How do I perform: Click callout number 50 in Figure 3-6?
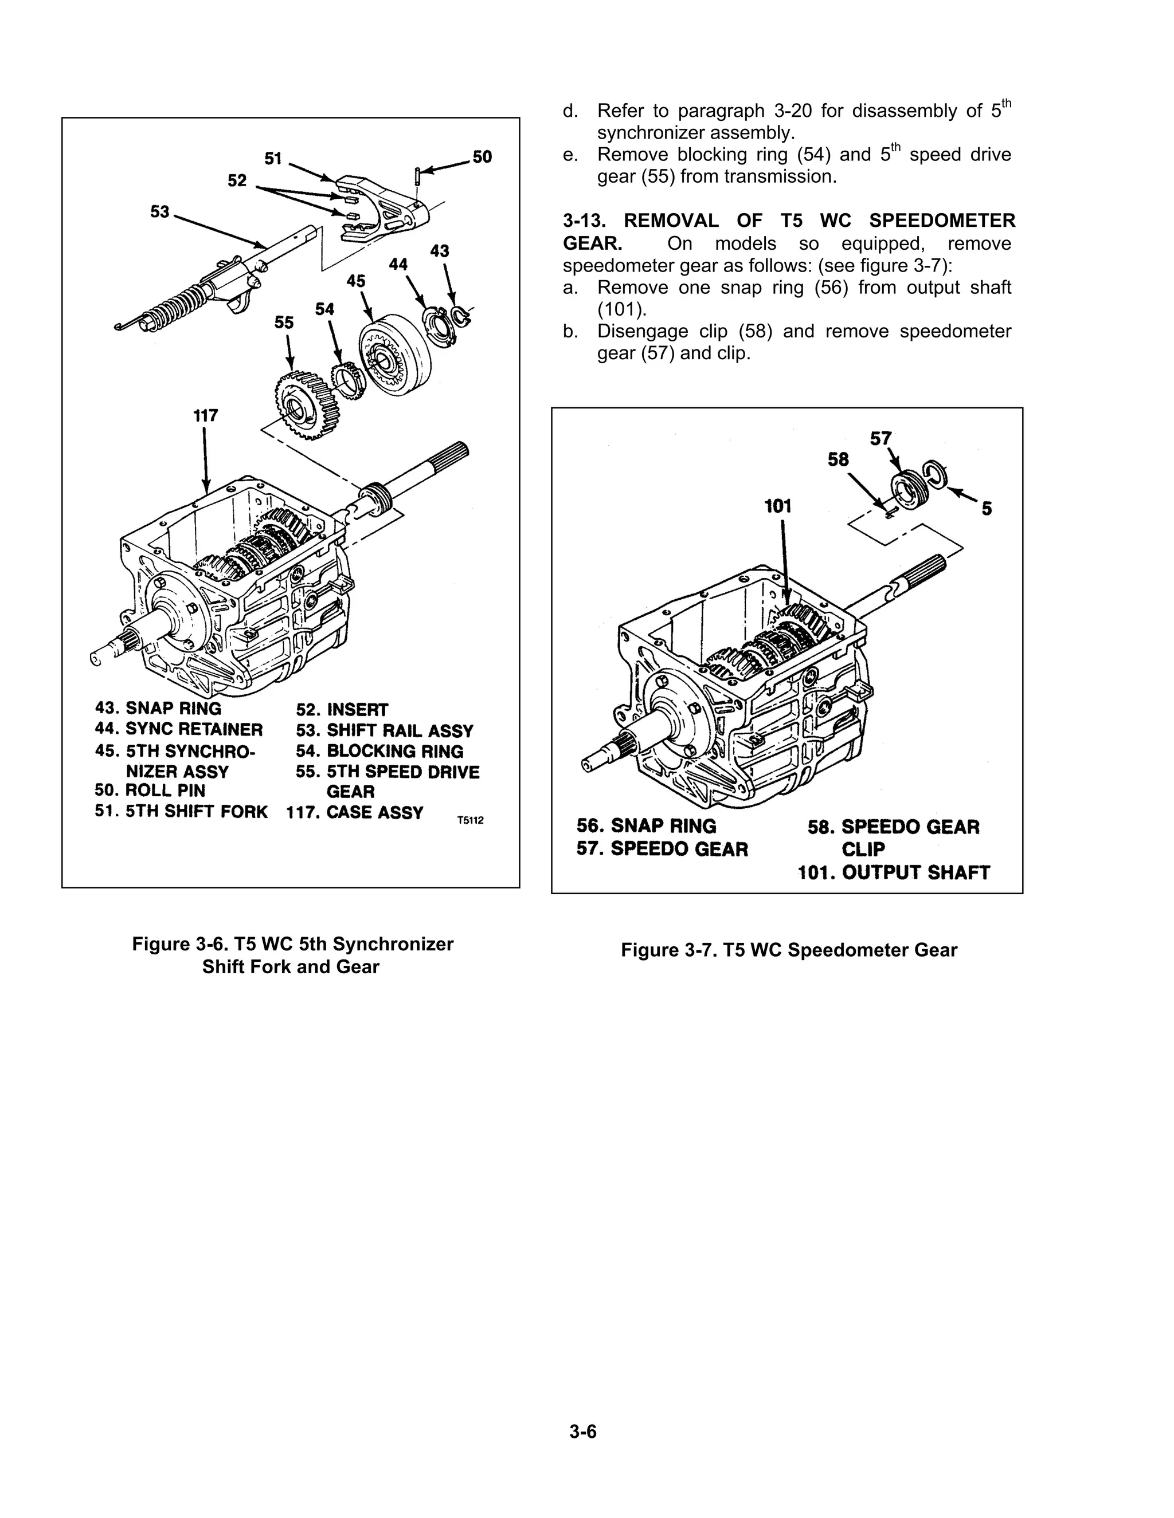tap(482, 157)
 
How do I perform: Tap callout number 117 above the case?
tap(205, 416)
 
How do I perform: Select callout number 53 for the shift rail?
tap(160, 211)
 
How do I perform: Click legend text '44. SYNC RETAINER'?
tap(179, 729)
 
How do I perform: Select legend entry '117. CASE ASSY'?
tap(355, 812)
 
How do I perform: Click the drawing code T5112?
tap(470, 821)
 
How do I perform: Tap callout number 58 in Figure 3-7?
tap(838, 459)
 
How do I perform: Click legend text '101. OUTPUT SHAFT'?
tap(894, 872)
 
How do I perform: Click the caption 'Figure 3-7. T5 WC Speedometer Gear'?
tap(789, 950)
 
